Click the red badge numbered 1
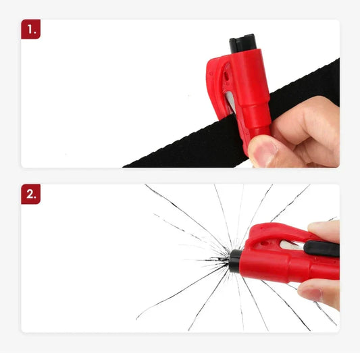tap(31, 29)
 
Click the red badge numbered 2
tap(31, 194)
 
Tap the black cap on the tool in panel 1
tap(243, 43)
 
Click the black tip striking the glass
tap(235, 261)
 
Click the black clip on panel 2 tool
tap(322, 249)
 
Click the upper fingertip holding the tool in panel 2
tap(324, 230)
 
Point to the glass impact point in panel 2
tap(228, 260)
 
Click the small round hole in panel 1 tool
tap(226, 77)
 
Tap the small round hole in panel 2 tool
tap(264, 243)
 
